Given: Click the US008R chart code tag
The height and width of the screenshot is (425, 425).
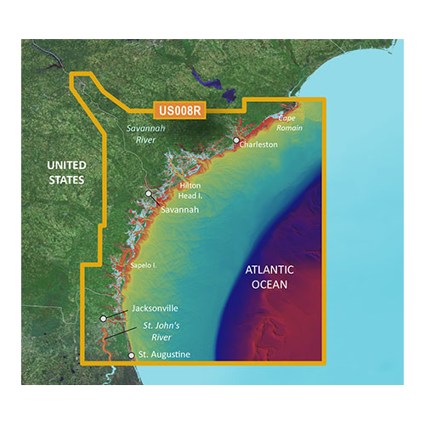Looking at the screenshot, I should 180,110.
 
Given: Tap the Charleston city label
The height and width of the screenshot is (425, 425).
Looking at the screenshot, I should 259,145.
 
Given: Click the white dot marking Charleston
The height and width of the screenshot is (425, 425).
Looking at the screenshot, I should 236,140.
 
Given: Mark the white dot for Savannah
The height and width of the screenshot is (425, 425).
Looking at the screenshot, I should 148,194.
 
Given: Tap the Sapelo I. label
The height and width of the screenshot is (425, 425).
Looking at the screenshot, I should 144,266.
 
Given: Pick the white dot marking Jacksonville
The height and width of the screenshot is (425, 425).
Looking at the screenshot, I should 104,319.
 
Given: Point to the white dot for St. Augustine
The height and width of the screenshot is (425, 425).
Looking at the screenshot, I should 131,355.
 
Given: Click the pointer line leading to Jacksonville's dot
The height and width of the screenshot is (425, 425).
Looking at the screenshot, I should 120,314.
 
